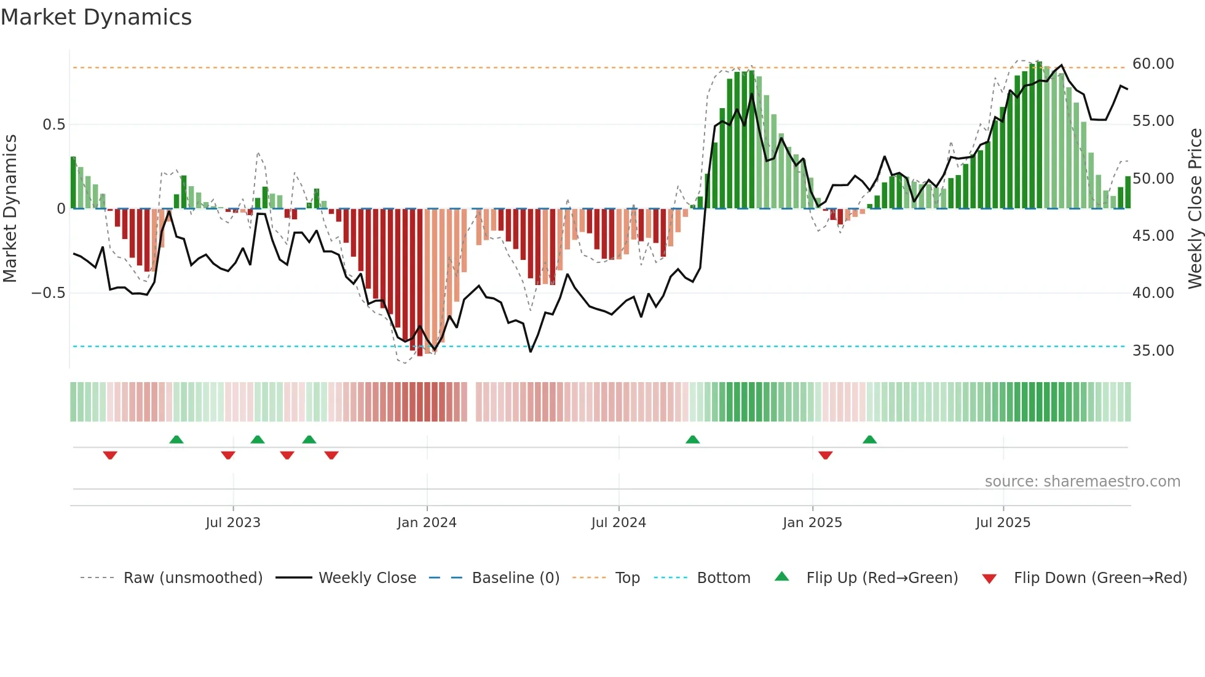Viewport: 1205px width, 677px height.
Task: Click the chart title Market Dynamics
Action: click(x=96, y=17)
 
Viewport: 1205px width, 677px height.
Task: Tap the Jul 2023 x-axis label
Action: click(x=233, y=523)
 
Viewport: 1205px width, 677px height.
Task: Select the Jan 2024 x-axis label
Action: click(x=427, y=523)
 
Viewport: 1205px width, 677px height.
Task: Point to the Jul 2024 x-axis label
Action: click(x=618, y=523)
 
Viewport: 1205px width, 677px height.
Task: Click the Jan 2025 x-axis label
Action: click(x=812, y=523)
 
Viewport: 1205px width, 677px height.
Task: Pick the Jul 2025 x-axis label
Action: click(x=1003, y=523)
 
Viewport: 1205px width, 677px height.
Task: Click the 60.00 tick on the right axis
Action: click(x=1153, y=64)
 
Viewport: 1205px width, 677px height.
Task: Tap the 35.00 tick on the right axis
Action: click(x=1153, y=351)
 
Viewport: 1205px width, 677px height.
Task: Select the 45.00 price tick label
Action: click(x=1153, y=236)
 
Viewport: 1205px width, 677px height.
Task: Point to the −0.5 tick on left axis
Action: click(x=49, y=293)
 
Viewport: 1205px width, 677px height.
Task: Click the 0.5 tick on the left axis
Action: click(x=53, y=125)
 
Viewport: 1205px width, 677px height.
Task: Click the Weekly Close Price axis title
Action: click(x=1195, y=208)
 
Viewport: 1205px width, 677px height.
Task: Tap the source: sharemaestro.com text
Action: click(x=1082, y=482)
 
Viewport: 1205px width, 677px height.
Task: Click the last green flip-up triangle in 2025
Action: click(x=869, y=439)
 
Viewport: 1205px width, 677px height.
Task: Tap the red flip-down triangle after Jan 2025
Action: click(x=826, y=455)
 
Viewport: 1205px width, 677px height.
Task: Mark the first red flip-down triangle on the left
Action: click(x=110, y=455)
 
